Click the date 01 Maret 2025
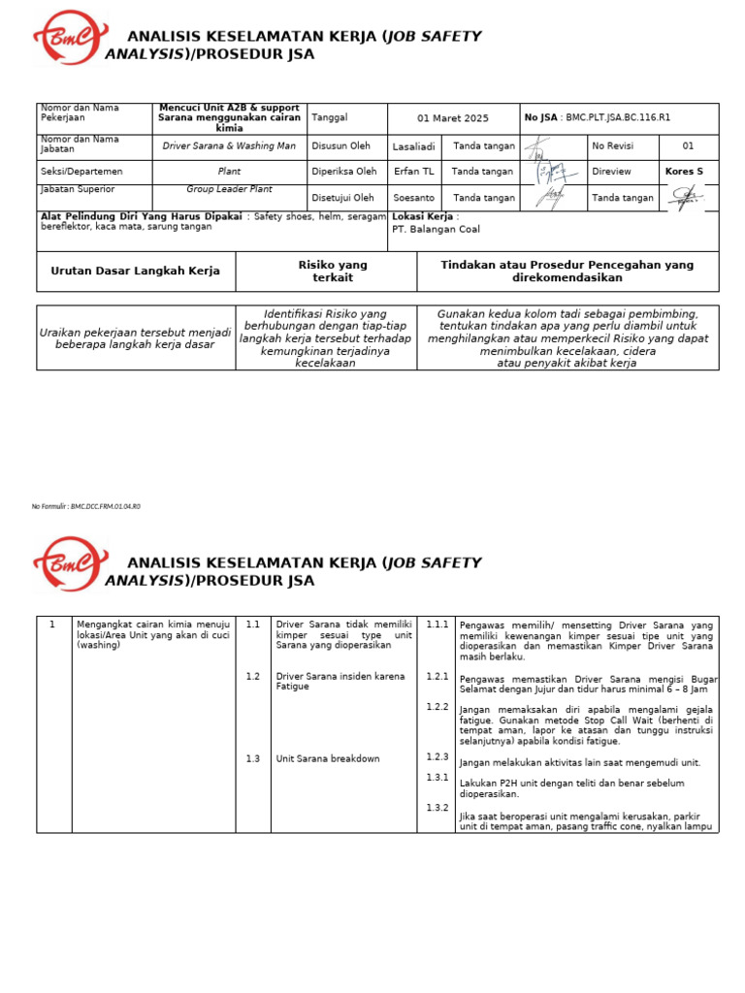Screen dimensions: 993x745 click(453, 118)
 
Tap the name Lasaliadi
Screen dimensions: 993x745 click(413, 146)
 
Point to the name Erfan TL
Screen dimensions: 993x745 click(413, 172)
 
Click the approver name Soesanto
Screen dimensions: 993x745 click(413, 198)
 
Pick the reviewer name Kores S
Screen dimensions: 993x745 click(684, 172)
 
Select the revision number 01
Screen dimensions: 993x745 click(688, 146)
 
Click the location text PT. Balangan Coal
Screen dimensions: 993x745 click(436, 230)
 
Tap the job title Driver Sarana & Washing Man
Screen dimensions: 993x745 click(230, 145)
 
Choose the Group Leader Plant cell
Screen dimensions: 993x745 click(230, 190)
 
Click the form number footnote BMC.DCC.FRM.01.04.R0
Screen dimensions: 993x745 click(86, 506)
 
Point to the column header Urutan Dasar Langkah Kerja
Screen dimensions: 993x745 click(135, 272)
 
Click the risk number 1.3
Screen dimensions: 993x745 click(252, 758)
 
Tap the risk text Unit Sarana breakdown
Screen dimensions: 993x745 click(328, 758)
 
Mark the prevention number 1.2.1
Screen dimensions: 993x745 click(437, 676)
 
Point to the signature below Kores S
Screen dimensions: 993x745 click(687, 199)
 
